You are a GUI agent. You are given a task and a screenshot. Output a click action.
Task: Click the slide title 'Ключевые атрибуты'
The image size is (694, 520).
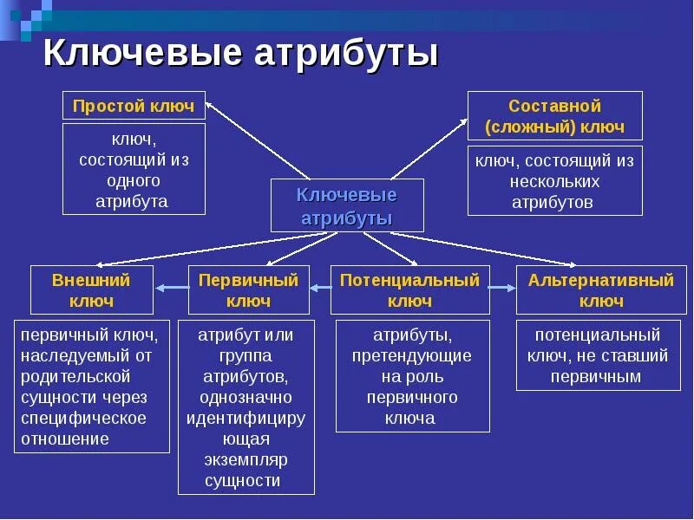click(x=240, y=53)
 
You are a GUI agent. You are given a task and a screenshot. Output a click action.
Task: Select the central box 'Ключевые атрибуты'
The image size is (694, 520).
click(x=347, y=205)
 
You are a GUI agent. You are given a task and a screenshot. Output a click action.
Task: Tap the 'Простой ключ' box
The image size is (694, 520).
click(x=134, y=106)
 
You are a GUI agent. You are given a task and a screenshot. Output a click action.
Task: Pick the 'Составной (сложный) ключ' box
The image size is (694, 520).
click(x=554, y=116)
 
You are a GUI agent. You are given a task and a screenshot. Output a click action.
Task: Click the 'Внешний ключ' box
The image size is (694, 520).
click(x=91, y=290)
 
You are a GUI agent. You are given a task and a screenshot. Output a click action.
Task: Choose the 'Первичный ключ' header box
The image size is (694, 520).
click(x=248, y=290)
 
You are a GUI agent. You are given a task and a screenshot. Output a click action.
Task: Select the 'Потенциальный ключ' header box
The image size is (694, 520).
click(x=409, y=290)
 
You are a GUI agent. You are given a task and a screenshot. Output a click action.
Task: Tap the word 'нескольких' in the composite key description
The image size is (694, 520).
click(x=555, y=182)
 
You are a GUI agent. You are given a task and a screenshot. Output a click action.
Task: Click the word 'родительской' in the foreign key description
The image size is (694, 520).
click(x=75, y=376)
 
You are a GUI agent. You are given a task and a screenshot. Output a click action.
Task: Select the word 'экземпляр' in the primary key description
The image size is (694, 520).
click(x=246, y=459)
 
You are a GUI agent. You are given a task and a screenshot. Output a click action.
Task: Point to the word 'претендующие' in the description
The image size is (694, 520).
click(x=412, y=355)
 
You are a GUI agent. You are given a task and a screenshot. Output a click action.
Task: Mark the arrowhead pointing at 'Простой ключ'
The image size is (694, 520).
click(x=212, y=102)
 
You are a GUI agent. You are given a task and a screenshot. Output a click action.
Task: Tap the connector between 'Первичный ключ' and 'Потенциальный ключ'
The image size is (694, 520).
click(x=319, y=289)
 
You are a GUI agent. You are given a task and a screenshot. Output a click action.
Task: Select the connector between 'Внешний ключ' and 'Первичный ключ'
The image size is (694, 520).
click(x=171, y=289)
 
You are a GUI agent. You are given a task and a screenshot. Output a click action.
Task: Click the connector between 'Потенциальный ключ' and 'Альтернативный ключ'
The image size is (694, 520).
click(x=502, y=289)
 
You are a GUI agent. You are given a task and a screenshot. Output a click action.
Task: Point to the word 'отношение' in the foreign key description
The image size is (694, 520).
click(x=66, y=439)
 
